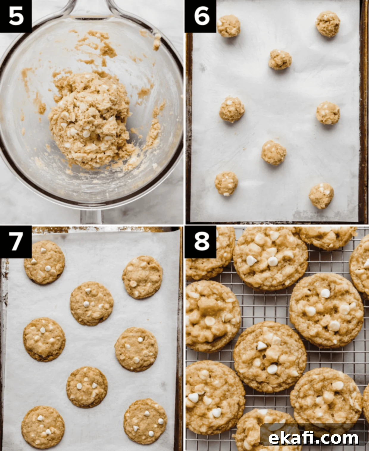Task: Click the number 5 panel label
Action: coord(16,16)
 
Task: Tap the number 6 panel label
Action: coord(201,16)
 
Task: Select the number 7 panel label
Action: coord(16,242)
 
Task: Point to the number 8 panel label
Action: coord(201,242)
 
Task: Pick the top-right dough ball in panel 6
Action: coord(328,24)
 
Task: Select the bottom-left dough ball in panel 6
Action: coord(226,184)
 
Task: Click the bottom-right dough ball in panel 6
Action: coord(321,196)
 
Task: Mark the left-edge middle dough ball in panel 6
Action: coord(232,109)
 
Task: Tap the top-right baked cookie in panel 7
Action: coord(142,277)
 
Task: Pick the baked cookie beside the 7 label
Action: coord(45,262)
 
